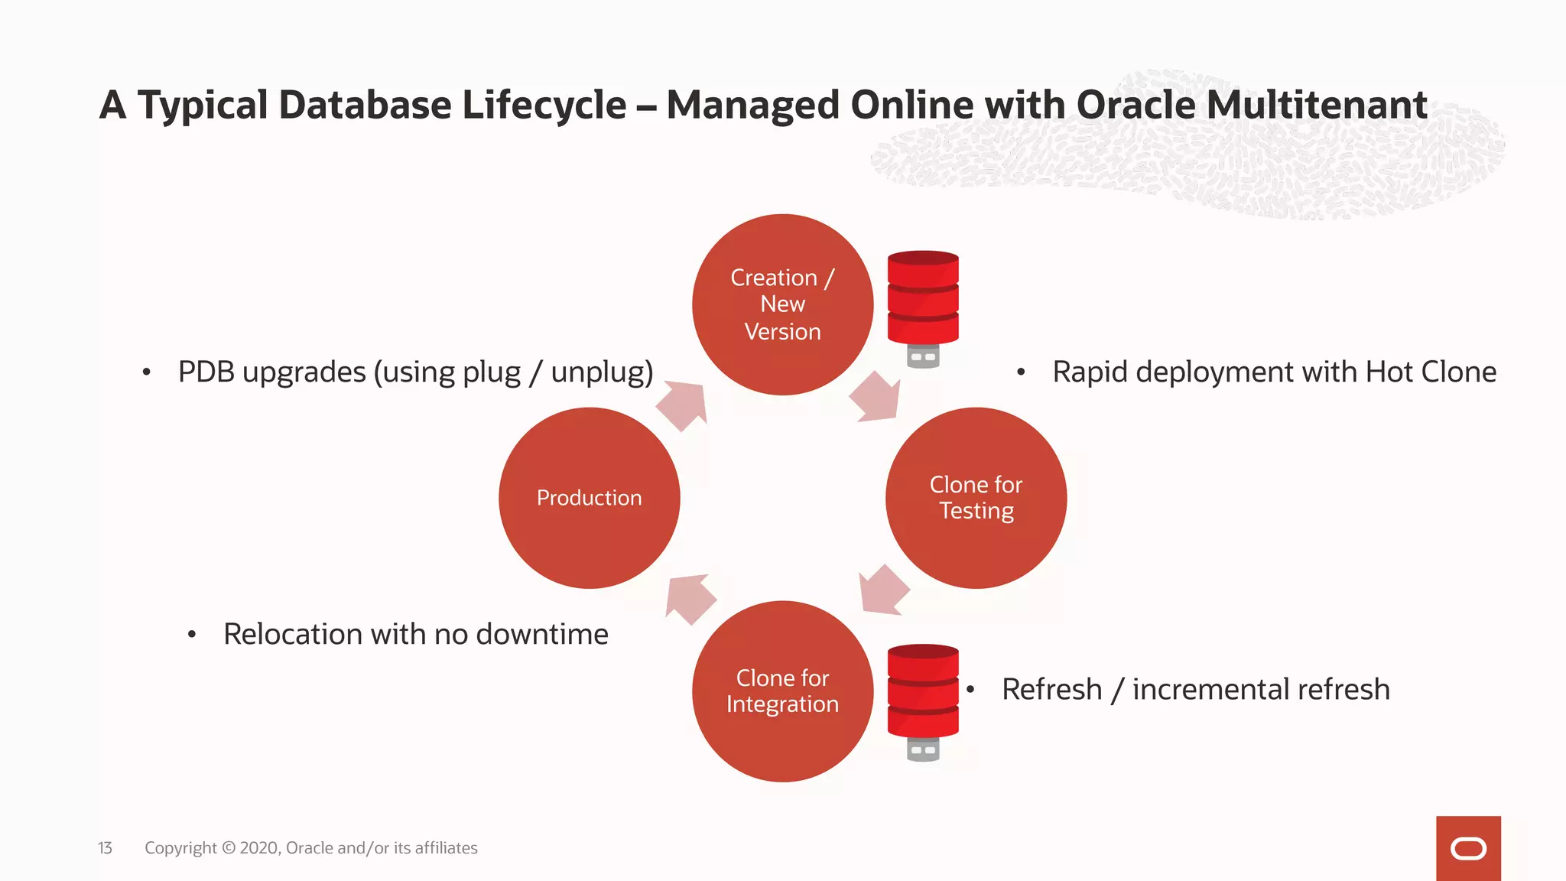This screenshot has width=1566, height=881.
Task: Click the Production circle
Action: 589,498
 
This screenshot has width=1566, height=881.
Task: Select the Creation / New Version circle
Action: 782,304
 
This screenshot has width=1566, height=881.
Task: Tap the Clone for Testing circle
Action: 976,498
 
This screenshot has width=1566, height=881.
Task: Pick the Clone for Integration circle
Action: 782,691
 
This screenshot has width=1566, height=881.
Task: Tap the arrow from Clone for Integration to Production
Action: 689,597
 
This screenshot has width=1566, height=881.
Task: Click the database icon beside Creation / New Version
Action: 923,307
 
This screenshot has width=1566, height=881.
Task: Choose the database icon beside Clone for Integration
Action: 923,701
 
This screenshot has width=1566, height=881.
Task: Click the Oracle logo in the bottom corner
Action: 1468,848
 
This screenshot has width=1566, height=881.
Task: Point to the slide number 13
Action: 105,848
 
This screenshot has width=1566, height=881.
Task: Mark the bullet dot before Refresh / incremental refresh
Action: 970,689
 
